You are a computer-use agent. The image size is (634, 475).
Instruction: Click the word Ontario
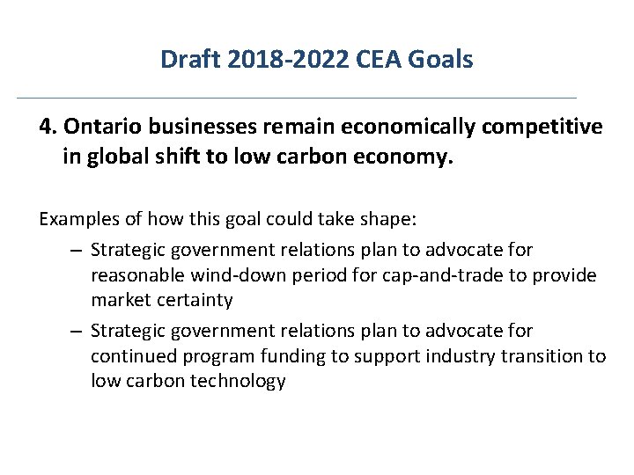click(x=99, y=128)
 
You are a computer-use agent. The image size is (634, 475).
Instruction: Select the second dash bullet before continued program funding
click(x=77, y=332)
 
